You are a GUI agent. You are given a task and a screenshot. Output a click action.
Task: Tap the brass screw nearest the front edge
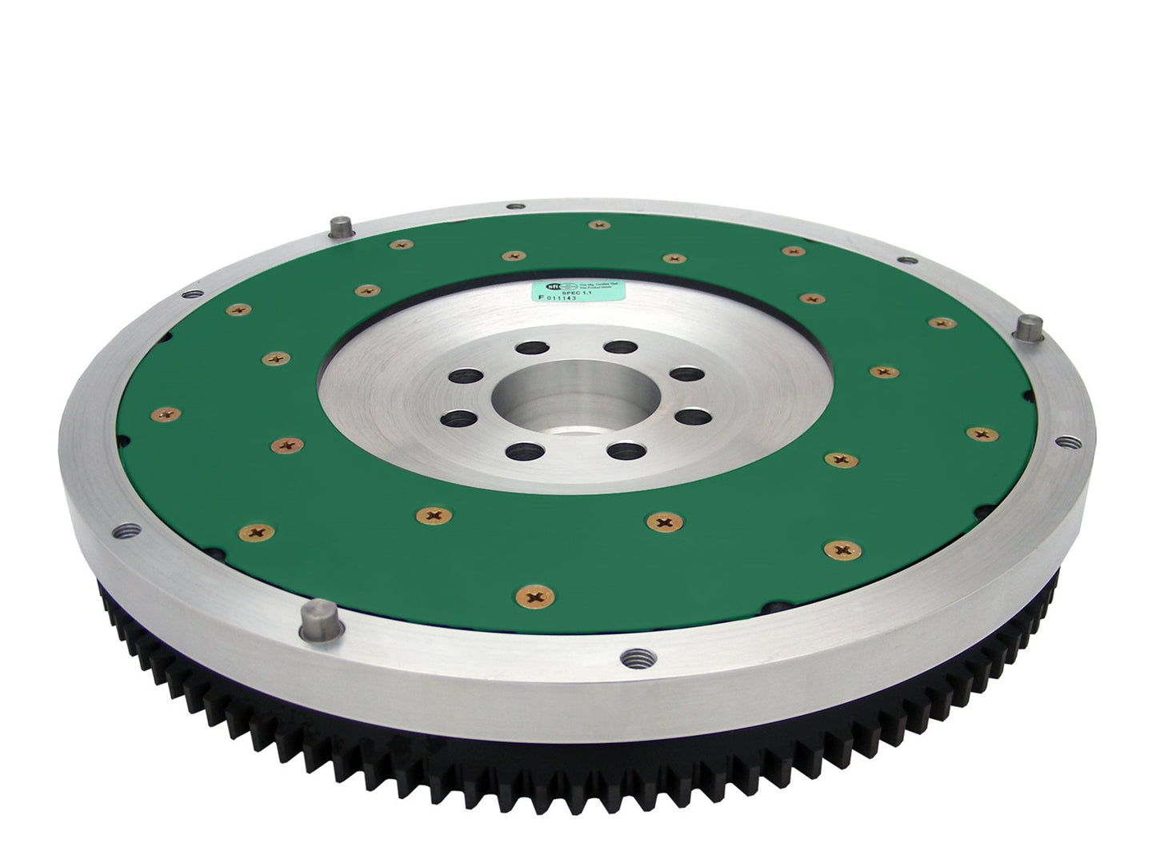(x=529, y=596)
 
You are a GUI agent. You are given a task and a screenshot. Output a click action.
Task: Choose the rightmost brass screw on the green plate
(x=982, y=433)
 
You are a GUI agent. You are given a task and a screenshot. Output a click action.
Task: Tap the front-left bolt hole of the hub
(x=459, y=417)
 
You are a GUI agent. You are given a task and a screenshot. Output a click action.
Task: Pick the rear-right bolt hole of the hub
(x=617, y=347)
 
